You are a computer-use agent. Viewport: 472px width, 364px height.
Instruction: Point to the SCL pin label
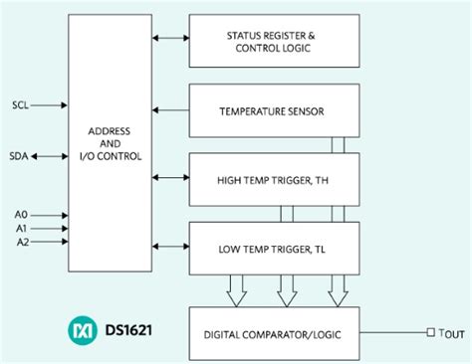[x=21, y=103]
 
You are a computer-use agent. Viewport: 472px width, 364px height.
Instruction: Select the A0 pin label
[x=20, y=213]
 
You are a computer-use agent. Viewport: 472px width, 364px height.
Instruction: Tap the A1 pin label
[x=20, y=228]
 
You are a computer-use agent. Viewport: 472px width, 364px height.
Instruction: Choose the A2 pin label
[x=20, y=243]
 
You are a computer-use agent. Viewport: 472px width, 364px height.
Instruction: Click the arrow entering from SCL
[x=53, y=103]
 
